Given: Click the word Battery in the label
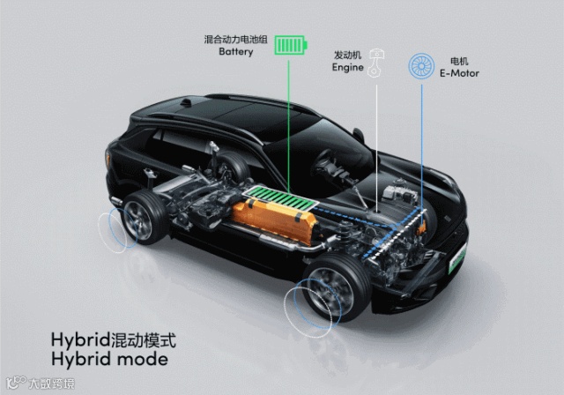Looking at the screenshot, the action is pos(235,52).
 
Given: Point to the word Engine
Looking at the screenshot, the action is pos(348,67).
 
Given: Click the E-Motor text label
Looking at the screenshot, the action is pos(460,73).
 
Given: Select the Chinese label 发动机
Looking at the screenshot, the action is pos(348,55).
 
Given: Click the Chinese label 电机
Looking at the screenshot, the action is pos(459,61).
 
